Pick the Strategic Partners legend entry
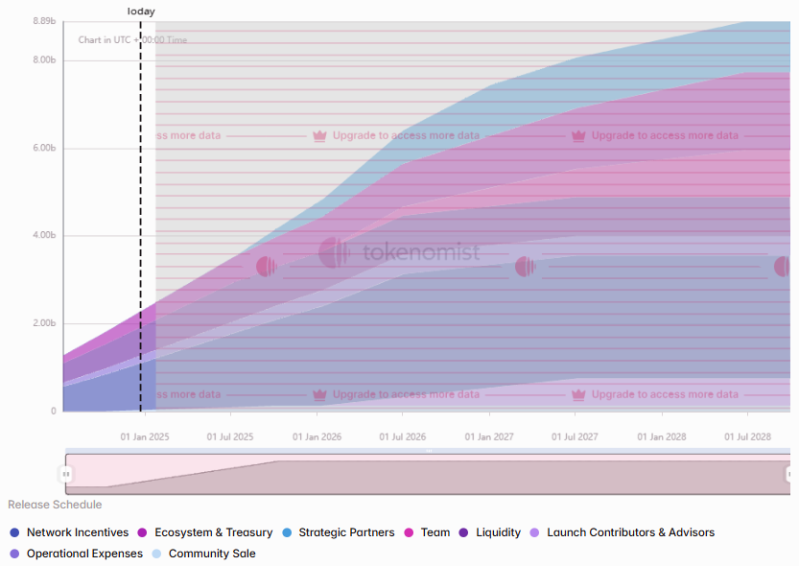[346, 532]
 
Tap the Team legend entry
[435, 532]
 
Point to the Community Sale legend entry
[212, 554]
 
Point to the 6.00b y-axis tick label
[44, 148]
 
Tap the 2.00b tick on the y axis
[44, 323]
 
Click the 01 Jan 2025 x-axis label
[144, 436]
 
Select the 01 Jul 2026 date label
[403, 436]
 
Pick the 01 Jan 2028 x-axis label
[662, 436]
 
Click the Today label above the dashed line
[141, 12]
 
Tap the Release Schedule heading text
[55, 505]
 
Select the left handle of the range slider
[66, 474]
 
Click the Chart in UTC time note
[132, 40]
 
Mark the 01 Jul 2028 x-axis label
[747, 436]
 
